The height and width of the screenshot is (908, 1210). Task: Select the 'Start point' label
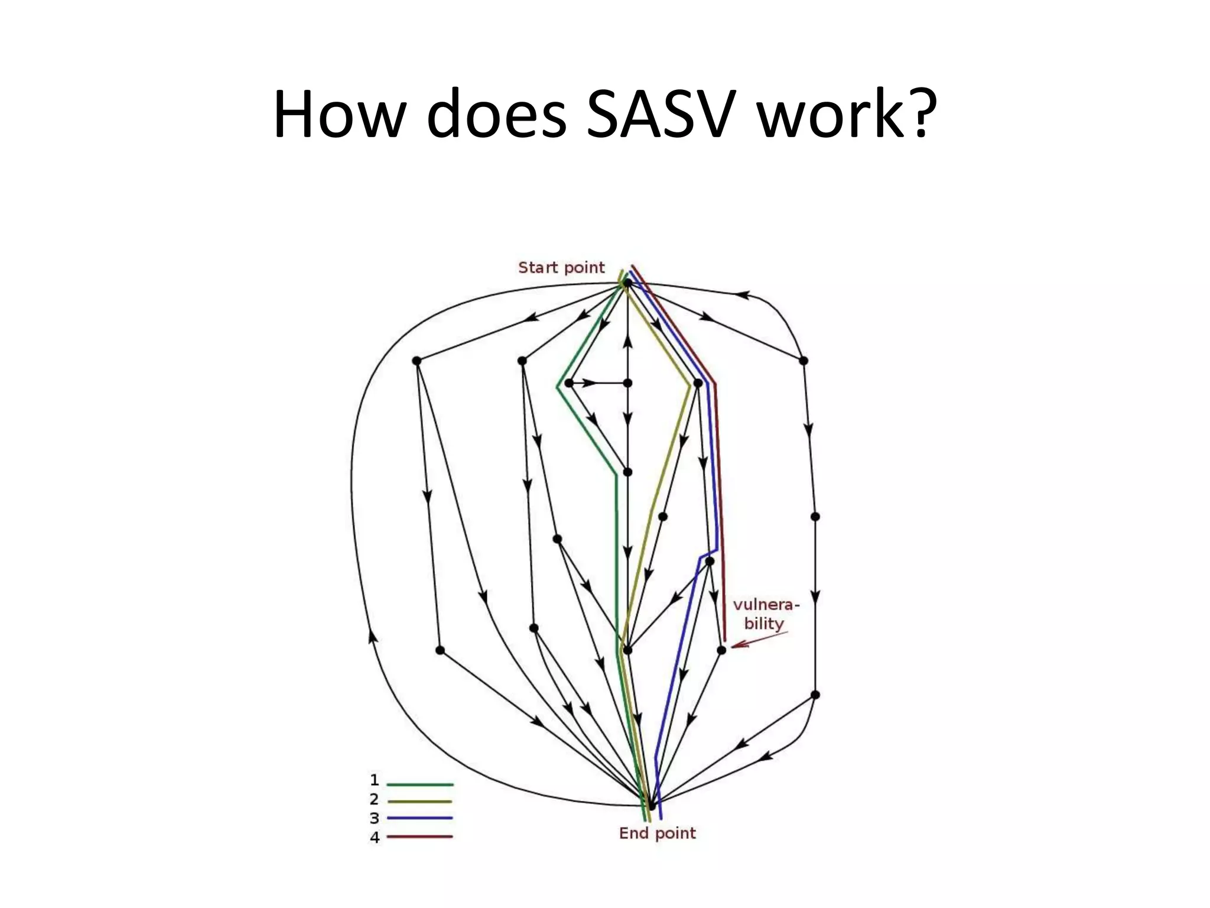(561, 268)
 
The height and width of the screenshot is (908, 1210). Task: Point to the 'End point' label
(657, 834)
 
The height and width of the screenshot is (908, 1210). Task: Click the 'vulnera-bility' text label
(766, 614)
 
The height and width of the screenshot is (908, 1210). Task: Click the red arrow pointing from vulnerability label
(759, 640)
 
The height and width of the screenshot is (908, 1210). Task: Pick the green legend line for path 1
(419, 784)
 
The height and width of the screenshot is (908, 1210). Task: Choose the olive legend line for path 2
(419, 802)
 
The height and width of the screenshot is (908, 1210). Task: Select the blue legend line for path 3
(419, 818)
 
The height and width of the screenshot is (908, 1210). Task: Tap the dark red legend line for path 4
(419, 836)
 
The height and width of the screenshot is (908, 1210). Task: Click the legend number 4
(375, 837)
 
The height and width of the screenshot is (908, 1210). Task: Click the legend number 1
(375, 780)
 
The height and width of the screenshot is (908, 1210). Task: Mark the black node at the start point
(627, 284)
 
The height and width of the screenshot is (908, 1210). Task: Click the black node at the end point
(651, 805)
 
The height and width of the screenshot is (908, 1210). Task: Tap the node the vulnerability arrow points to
(721, 650)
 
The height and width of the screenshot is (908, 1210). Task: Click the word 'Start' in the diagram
(538, 268)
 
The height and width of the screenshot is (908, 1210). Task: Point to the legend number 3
(375, 819)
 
